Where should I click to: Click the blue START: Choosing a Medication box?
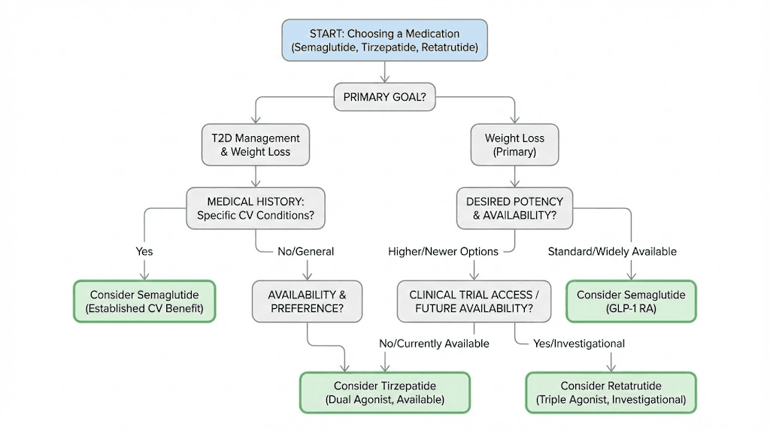pyautogui.click(x=384, y=41)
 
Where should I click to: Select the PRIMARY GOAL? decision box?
pyautogui.click(x=384, y=96)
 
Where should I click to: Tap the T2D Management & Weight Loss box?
pyautogui.click(x=256, y=144)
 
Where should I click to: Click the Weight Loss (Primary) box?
pyautogui.click(x=515, y=144)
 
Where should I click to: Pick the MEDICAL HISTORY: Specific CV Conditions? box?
pyautogui.click(x=256, y=208)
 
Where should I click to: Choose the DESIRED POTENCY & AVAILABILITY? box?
pyautogui.click(x=515, y=208)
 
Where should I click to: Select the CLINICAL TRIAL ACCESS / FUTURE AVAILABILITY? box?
pyautogui.click(x=474, y=301)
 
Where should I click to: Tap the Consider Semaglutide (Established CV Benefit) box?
pyautogui.click(x=144, y=301)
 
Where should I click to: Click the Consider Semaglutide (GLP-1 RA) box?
pyautogui.click(x=631, y=301)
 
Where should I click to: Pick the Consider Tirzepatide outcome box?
pyautogui.click(x=385, y=392)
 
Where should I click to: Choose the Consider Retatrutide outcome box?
pyautogui.click(x=610, y=392)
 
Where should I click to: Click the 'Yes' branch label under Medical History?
pyautogui.click(x=144, y=251)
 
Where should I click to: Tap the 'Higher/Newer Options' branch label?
pyautogui.click(x=444, y=251)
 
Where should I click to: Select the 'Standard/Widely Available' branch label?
pyautogui.click(x=612, y=251)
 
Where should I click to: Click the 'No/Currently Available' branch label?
pyautogui.click(x=434, y=344)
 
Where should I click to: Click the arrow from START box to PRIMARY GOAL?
pyautogui.click(x=384, y=72)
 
